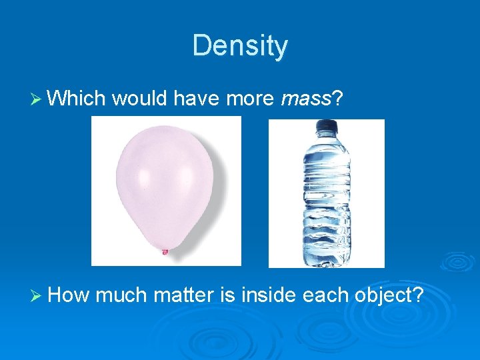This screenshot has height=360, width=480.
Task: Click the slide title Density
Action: click(x=240, y=46)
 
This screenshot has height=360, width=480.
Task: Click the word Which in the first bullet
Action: click(x=77, y=99)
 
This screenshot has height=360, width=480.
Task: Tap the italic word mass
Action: click(x=306, y=99)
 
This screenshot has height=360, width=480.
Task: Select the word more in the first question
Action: click(x=249, y=99)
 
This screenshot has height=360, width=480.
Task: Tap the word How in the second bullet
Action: click(x=70, y=294)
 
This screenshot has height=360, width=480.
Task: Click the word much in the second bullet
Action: click(x=123, y=294)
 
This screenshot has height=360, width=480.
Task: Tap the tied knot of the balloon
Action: click(x=165, y=251)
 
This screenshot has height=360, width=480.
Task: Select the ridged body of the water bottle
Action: click(x=326, y=200)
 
